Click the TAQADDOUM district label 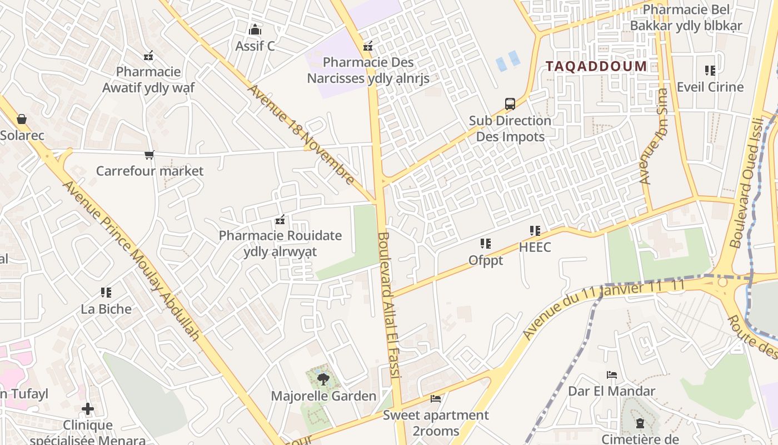coord(596,67)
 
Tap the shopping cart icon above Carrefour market coord(149,155)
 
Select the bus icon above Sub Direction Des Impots coord(510,104)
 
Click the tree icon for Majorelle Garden coord(322,380)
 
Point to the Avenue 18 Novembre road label coord(301,133)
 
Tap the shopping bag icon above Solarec coord(22,119)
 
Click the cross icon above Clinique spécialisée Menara coord(87,409)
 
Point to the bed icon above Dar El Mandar coord(611,375)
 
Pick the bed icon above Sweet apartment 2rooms coord(436,399)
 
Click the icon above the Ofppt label coord(486,244)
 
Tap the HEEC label coord(535,247)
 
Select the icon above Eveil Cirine coord(710,71)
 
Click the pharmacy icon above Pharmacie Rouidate coord(280,220)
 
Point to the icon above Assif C coord(255,29)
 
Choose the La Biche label coord(106,309)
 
